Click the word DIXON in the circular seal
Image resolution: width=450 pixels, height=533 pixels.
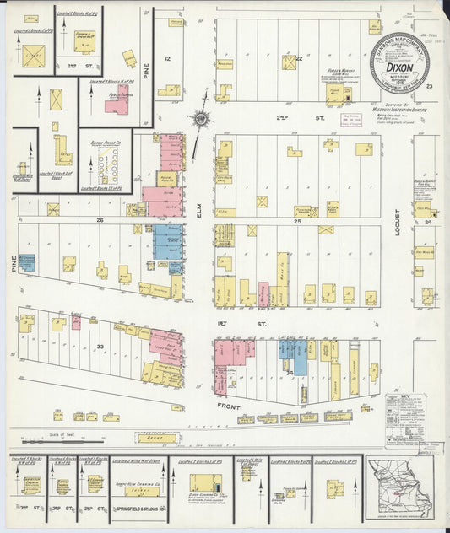tap(399, 61)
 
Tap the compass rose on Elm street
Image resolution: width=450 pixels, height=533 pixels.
tap(200, 118)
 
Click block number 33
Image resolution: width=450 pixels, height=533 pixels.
tap(100, 346)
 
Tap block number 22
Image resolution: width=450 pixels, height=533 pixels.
tap(299, 58)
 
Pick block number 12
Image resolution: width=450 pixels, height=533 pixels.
tap(167, 58)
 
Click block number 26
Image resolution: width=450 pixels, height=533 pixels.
tap(99, 220)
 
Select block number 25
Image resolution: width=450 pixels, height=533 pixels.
tap(297, 220)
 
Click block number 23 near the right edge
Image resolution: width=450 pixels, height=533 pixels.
tap(429, 86)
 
